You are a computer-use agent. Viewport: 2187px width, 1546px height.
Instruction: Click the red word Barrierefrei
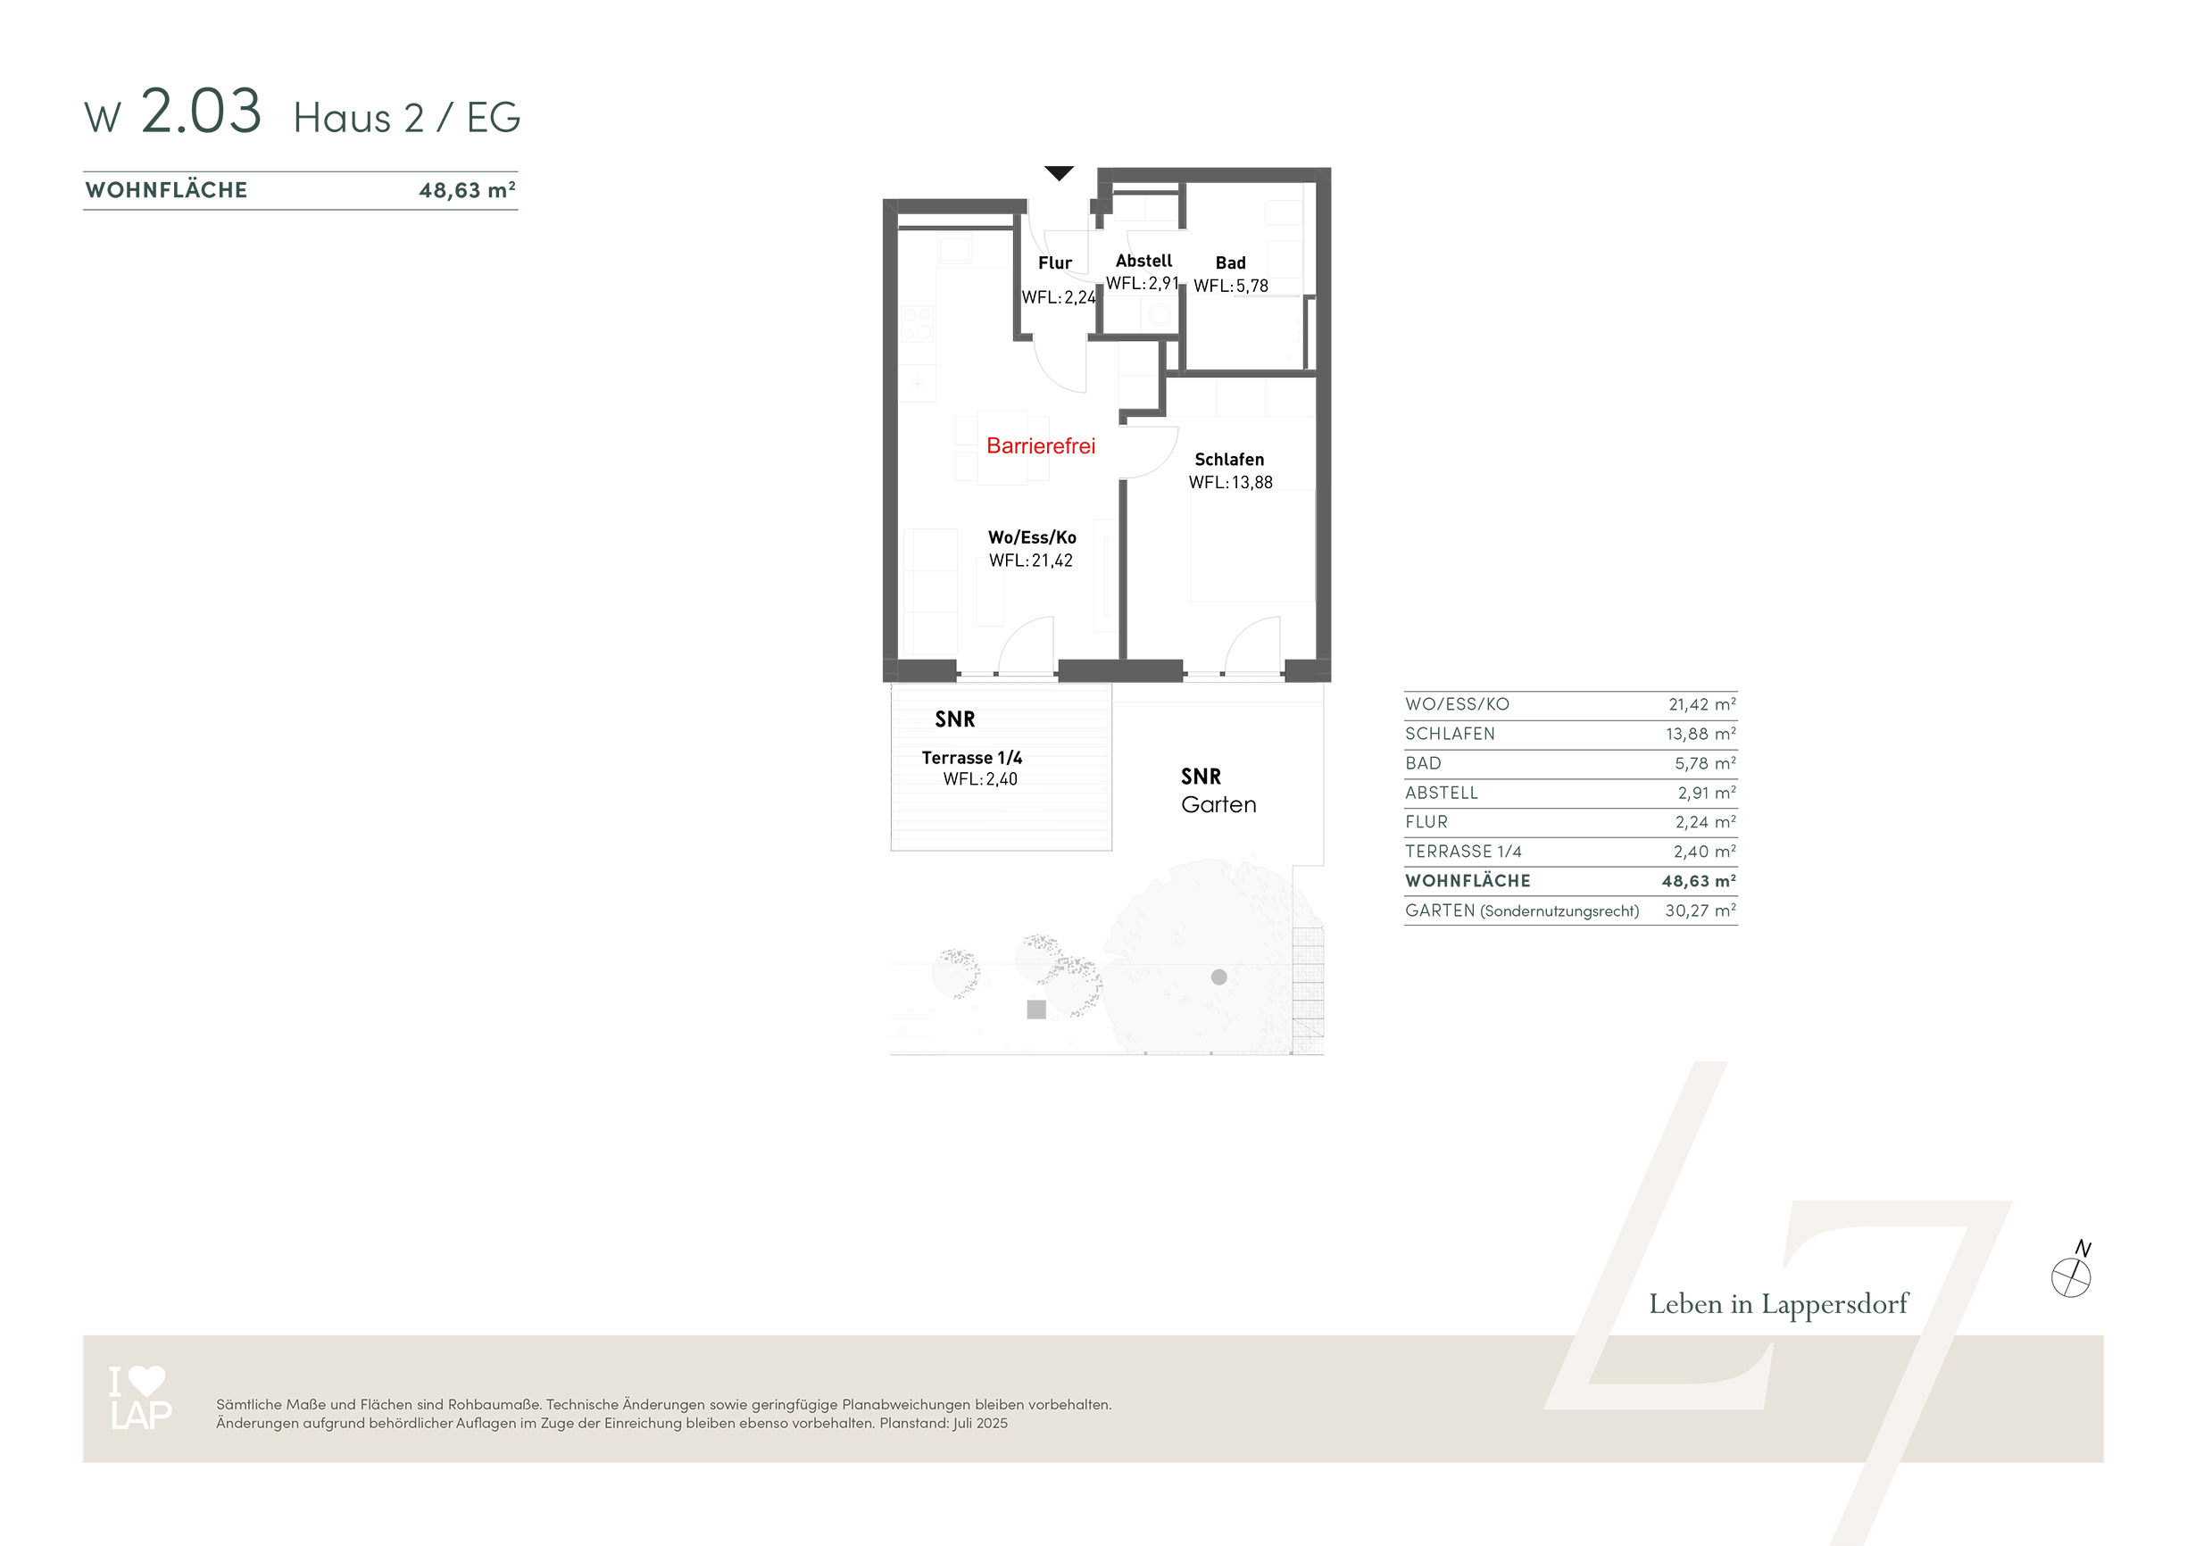click(x=1040, y=445)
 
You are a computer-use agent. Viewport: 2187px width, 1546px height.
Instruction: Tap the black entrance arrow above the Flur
click(x=1060, y=173)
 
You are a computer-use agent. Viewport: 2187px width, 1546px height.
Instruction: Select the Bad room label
click(x=1230, y=263)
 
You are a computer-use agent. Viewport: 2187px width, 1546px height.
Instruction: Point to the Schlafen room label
click(x=1229, y=459)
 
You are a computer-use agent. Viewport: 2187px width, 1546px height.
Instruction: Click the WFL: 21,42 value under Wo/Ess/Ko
click(x=1031, y=561)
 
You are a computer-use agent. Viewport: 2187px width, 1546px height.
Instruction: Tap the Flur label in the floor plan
click(x=1054, y=263)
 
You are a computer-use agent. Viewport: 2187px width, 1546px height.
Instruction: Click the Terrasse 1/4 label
click(x=971, y=758)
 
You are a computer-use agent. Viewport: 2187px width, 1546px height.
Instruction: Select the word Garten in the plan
click(x=1218, y=805)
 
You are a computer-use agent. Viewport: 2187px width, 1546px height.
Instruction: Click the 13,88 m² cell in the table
click(x=1701, y=735)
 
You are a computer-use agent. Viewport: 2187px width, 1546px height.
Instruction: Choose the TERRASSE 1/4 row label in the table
click(x=1463, y=852)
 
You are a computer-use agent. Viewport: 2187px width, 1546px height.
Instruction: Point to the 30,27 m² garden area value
click(x=1701, y=910)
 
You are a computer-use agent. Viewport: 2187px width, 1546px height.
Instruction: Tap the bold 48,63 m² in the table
click(x=1699, y=881)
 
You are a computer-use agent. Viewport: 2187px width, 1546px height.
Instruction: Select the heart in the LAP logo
click(x=146, y=1380)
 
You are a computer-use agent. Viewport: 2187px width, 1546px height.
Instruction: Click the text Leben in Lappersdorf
click(x=1778, y=1304)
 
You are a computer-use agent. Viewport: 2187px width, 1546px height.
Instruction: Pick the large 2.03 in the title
click(x=201, y=111)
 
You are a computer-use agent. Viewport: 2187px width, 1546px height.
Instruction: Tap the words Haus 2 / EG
click(x=407, y=118)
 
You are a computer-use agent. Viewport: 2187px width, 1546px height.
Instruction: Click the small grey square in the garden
click(x=1036, y=1010)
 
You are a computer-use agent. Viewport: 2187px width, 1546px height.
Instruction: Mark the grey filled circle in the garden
click(x=1218, y=977)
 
